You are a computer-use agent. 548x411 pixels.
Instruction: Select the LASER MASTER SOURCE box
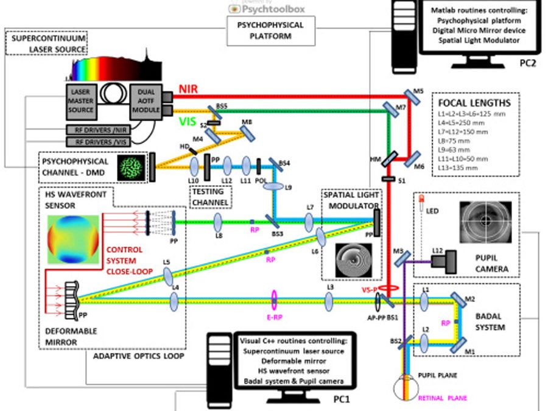[82, 101]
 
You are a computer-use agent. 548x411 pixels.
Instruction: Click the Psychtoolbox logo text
[274, 9]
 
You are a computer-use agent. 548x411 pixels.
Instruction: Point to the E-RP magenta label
[274, 317]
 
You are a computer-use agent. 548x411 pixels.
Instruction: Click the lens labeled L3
[329, 299]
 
